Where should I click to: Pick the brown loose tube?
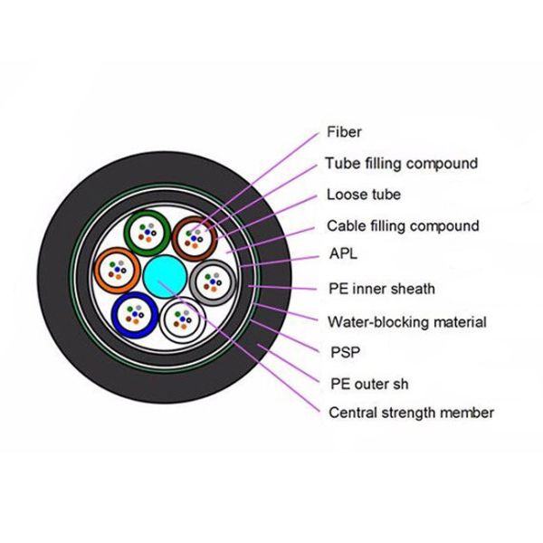point(192,238)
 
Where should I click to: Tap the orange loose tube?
point(116,268)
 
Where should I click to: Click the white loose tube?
point(184,319)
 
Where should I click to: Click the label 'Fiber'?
point(344,132)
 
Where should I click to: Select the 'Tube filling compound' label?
point(401,164)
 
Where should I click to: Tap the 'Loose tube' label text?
point(363,195)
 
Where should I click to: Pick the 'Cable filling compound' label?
point(403,225)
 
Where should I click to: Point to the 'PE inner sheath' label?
point(381,289)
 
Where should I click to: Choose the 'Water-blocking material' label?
point(406,321)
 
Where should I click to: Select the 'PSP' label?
point(340,351)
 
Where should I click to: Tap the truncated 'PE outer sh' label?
point(367,383)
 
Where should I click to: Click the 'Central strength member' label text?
point(410,413)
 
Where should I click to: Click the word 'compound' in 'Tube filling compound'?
point(442,164)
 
